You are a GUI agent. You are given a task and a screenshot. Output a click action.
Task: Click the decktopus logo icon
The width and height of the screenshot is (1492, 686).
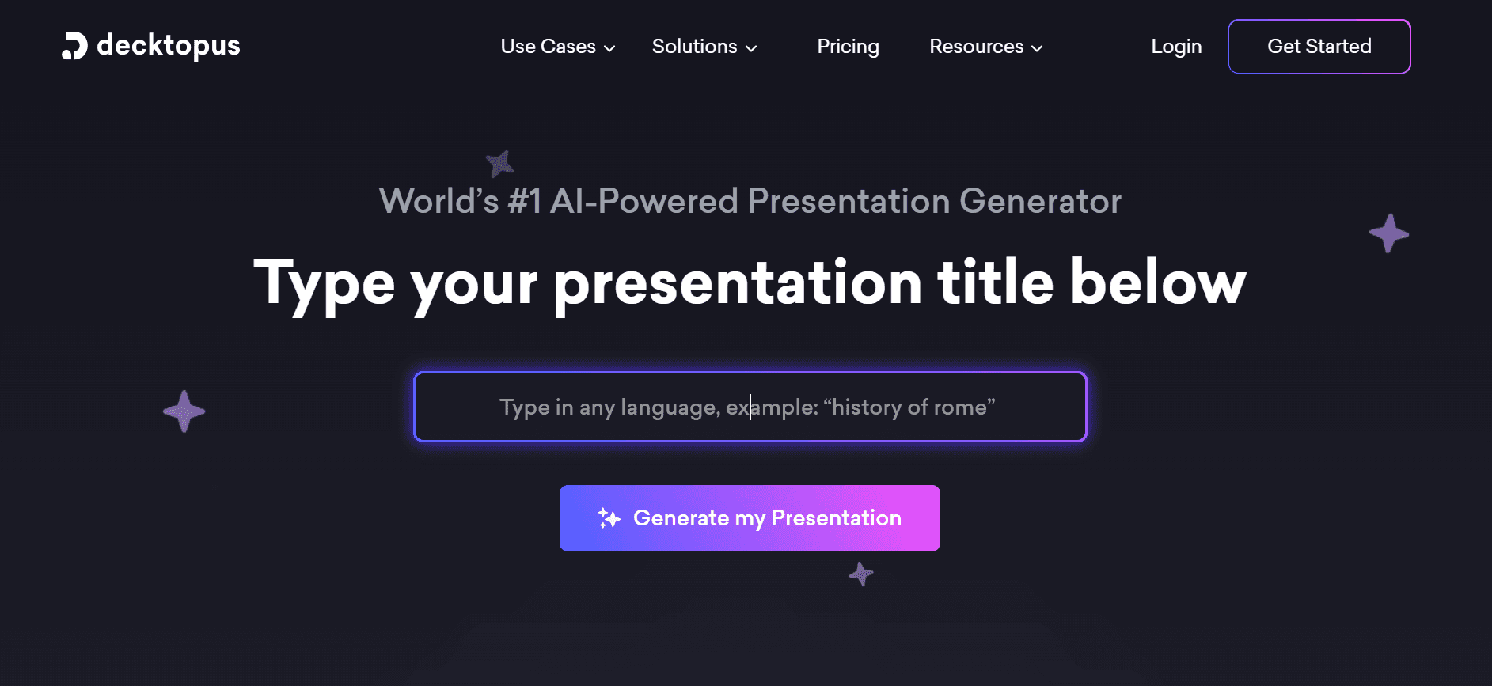[x=74, y=46]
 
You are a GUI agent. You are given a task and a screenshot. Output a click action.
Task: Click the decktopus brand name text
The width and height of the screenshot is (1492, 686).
[x=168, y=46]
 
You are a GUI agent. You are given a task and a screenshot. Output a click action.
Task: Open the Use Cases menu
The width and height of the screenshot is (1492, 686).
[x=548, y=47]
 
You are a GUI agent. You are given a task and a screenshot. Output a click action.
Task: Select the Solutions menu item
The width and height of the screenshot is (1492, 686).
[x=694, y=47]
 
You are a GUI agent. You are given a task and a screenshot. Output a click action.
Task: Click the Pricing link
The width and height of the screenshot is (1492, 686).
[x=848, y=47]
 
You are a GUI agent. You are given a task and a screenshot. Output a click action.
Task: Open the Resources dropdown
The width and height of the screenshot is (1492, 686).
[x=976, y=47]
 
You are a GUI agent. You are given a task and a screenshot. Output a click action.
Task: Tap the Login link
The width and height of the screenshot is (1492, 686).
[x=1176, y=47]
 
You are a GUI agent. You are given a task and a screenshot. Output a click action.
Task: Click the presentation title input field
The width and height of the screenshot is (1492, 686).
[x=750, y=407]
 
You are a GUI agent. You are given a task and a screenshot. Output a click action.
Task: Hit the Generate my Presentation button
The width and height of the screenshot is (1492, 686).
[x=750, y=518]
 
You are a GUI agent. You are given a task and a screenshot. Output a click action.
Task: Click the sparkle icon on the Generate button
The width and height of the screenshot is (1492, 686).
[x=609, y=518]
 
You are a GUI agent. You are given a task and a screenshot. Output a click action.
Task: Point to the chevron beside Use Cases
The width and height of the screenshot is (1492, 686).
[x=609, y=48]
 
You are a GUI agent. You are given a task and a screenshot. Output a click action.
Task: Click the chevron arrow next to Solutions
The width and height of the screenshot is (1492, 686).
[x=751, y=48]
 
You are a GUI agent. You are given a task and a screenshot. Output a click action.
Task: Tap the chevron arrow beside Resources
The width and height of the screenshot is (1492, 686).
[x=1037, y=48]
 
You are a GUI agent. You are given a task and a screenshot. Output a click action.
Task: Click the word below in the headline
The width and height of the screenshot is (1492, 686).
[x=1158, y=282]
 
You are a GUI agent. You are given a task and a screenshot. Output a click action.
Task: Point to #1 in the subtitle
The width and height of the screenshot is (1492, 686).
[x=524, y=201]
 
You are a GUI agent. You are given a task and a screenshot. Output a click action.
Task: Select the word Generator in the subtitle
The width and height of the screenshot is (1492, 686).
[x=1040, y=201]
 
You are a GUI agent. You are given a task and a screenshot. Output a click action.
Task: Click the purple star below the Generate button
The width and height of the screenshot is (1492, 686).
[x=861, y=574]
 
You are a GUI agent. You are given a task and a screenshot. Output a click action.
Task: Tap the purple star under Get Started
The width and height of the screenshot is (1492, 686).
[x=1389, y=233]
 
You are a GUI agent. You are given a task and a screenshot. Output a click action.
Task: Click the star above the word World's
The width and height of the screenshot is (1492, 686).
[x=499, y=164]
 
